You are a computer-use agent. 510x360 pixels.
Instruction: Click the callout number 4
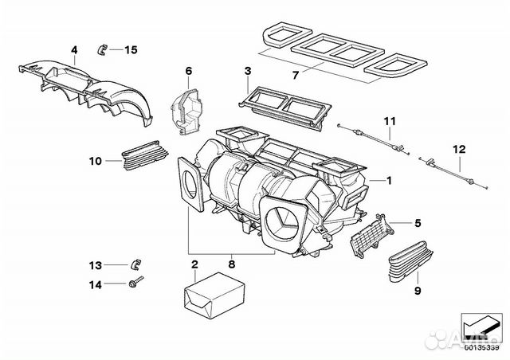(74, 50)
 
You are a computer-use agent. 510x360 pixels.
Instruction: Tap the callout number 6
(189, 72)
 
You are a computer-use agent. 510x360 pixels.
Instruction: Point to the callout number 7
(295, 76)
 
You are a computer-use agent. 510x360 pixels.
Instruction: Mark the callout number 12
(458, 148)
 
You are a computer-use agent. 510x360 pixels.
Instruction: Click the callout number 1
(389, 180)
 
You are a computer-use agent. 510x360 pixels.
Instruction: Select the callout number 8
(232, 261)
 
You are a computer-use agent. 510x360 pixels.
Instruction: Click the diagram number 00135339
(482, 347)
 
